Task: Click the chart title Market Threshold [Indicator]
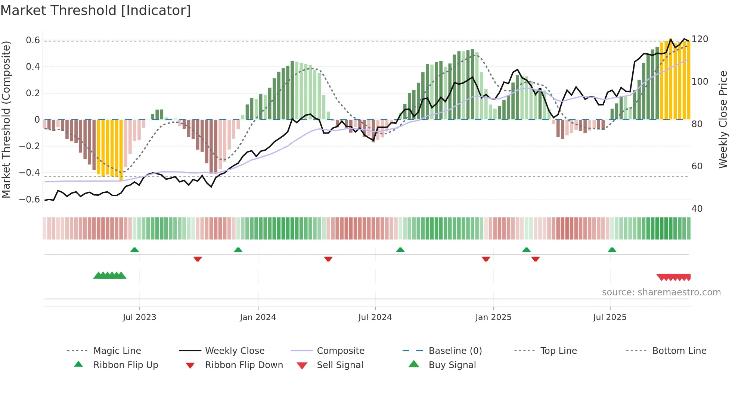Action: pos(96,10)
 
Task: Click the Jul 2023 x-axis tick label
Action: pos(139,317)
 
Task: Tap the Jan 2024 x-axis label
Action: pos(258,317)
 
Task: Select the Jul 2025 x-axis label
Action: pos(610,317)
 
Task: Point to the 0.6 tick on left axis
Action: pos(33,40)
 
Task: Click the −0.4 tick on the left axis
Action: pos(30,173)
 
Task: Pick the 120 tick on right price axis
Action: pos(700,39)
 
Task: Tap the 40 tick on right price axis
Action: pos(697,209)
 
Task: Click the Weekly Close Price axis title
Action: pos(723,119)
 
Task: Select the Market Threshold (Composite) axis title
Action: pos(6,119)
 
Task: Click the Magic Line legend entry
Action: pos(117,351)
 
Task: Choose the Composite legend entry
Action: pos(340,351)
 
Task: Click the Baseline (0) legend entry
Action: pos(455,351)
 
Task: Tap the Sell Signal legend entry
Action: pos(339,365)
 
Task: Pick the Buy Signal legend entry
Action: pos(452,365)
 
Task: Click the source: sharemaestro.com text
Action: pos(661,292)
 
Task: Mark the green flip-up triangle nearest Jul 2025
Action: pos(612,250)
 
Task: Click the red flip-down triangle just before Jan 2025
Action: pos(486,259)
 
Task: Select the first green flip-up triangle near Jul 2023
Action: pos(134,250)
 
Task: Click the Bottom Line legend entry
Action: pos(679,351)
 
